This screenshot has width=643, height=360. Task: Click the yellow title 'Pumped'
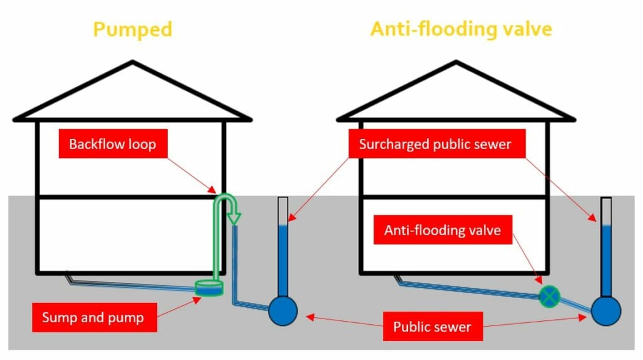tap(132, 30)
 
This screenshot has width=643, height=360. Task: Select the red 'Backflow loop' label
tap(112, 145)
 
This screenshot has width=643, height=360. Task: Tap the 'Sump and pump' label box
tap(92, 317)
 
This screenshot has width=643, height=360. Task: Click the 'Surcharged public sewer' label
tap(435, 145)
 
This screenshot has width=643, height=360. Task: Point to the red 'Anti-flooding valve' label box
tap(442, 231)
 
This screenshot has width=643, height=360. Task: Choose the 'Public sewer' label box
tap(431, 327)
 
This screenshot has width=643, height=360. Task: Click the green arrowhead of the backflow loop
tap(234, 218)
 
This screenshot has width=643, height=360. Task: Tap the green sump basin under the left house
tap(209, 288)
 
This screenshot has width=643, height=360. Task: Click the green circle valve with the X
tap(550, 295)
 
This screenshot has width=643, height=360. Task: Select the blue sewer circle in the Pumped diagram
tap(283, 310)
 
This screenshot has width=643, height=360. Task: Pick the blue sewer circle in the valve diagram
tap(606, 310)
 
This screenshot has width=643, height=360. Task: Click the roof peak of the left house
tap(132, 62)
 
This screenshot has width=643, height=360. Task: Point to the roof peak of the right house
tap(455, 62)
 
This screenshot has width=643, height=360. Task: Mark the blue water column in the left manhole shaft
tap(283, 258)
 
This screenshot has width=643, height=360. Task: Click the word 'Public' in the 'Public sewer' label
tap(412, 327)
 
